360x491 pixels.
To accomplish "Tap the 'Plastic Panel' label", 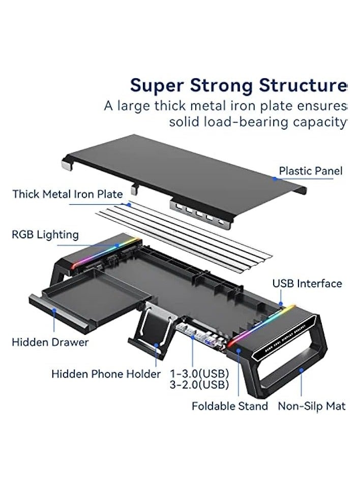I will click(310, 171).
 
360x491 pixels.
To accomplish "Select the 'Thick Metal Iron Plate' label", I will click(67, 194).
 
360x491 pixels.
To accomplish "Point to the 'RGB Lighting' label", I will click(45, 235).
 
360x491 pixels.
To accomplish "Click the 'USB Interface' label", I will click(307, 284).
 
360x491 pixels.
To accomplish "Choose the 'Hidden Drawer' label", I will click(50, 342).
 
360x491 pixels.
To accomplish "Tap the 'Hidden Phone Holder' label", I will click(106, 374).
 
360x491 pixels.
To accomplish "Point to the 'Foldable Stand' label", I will click(229, 406).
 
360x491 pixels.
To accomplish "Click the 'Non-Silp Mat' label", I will click(311, 406).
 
